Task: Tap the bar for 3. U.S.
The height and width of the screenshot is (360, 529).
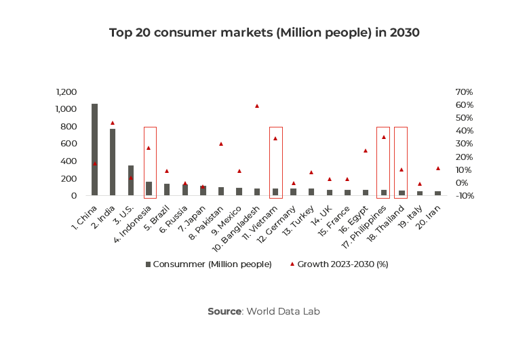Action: click(131, 180)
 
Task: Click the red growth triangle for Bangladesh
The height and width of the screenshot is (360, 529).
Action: click(257, 106)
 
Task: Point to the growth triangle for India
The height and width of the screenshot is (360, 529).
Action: click(113, 123)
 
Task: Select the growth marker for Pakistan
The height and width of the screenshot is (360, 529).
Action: click(221, 144)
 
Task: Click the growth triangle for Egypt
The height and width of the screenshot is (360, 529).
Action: click(365, 151)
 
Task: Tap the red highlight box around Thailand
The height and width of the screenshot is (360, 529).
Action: click(401, 163)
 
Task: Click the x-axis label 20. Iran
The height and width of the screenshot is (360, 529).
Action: click(429, 214)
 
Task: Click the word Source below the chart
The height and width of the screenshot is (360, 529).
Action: click(224, 311)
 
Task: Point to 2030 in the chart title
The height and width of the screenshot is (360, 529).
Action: click(404, 33)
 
